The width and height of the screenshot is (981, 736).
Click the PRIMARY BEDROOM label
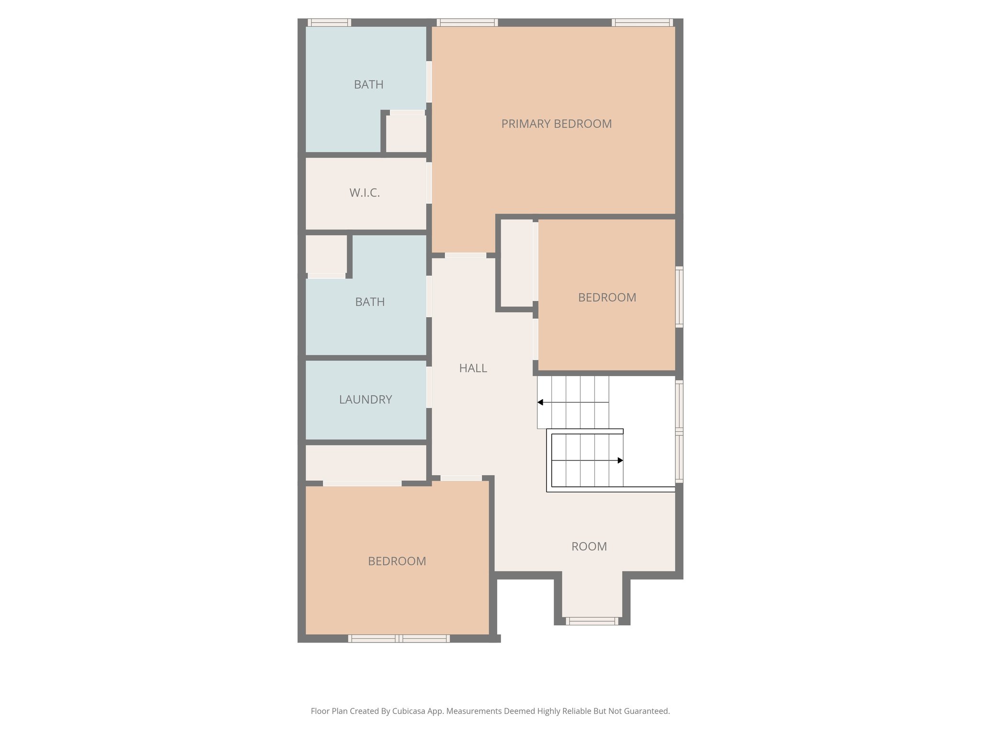click(x=556, y=124)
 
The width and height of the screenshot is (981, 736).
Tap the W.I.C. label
click(x=365, y=193)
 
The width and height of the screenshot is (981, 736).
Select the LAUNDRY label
click(x=365, y=399)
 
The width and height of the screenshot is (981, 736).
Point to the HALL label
click(x=473, y=368)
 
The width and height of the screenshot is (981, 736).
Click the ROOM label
click(x=589, y=546)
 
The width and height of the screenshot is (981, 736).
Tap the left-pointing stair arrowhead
click(x=540, y=402)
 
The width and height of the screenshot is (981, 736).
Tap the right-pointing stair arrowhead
click(x=620, y=460)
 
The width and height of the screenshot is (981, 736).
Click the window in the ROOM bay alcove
click(x=592, y=621)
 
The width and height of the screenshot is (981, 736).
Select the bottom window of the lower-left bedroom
click(x=399, y=638)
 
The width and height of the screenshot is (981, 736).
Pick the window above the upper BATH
click(x=329, y=23)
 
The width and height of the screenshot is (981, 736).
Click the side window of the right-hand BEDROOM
click(x=679, y=297)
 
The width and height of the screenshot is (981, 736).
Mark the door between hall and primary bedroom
click(x=465, y=255)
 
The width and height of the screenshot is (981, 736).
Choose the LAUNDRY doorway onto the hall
click(x=429, y=387)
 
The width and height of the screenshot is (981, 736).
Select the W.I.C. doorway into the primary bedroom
click(x=429, y=183)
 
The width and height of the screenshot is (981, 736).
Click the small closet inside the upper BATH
click(x=406, y=133)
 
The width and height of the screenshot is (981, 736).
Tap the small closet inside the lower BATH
click(x=326, y=254)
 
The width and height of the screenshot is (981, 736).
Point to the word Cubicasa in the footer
click(x=410, y=711)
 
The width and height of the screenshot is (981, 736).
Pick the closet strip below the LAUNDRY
click(x=365, y=462)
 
